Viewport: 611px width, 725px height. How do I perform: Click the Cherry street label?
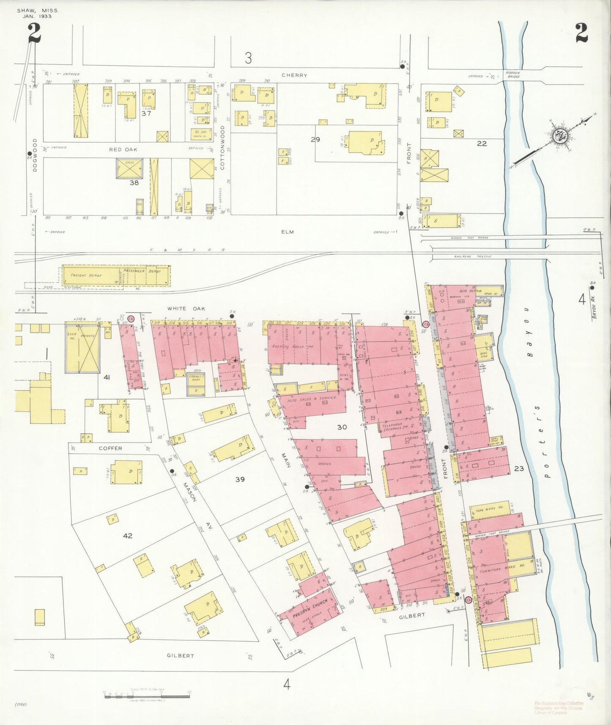click(x=294, y=75)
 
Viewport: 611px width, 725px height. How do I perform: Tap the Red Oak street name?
click(x=123, y=149)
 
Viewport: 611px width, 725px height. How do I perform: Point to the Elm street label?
click(x=287, y=232)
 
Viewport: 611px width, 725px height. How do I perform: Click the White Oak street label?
click(x=186, y=309)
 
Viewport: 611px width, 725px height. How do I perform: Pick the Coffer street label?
click(x=110, y=448)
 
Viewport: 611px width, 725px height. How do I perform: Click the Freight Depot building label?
click(x=86, y=275)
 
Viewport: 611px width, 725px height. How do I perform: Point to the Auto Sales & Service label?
click(x=312, y=398)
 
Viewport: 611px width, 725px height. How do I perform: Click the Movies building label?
click(x=324, y=464)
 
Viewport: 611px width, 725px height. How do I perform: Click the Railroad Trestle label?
click(x=473, y=256)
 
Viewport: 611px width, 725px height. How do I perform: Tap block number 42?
click(x=128, y=536)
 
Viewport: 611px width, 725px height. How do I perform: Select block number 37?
click(x=146, y=113)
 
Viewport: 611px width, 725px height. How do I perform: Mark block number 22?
click(x=482, y=143)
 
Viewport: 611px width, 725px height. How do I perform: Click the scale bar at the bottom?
click(x=147, y=695)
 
